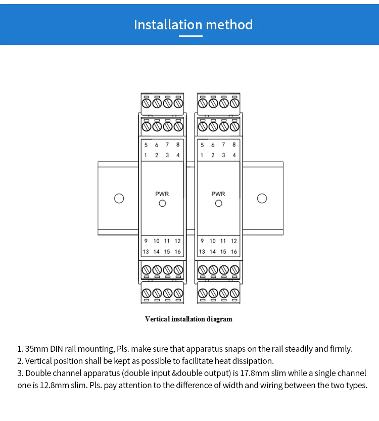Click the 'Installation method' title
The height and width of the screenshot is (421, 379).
point(193,25)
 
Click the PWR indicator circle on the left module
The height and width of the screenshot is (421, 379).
point(162,204)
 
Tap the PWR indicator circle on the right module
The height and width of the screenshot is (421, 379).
point(218,204)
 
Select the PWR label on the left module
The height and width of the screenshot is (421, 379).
point(162,194)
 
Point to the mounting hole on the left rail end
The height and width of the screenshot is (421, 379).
point(119,198)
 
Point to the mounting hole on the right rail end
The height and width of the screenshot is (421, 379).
point(262,198)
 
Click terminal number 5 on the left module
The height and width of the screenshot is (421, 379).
point(146,145)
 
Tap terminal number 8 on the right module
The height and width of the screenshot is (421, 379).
point(234,145)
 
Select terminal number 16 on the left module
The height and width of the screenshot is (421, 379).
point(178,252)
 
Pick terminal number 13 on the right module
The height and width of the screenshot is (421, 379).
point(202,252)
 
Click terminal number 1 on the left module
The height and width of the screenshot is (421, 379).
point(146,155)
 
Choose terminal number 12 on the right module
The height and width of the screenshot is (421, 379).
point(234,242)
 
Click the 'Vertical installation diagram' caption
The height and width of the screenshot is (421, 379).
point(188,319)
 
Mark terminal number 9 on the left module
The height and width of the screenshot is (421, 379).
point(146,242)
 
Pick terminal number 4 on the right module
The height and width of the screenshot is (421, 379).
point(234,155)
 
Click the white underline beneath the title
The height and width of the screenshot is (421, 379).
point(193,36)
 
